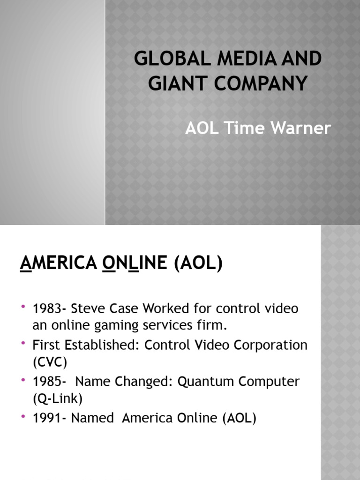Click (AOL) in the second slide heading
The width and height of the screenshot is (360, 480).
198,264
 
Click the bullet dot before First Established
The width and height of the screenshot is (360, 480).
23,345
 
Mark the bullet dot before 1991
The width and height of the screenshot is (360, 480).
23,417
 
